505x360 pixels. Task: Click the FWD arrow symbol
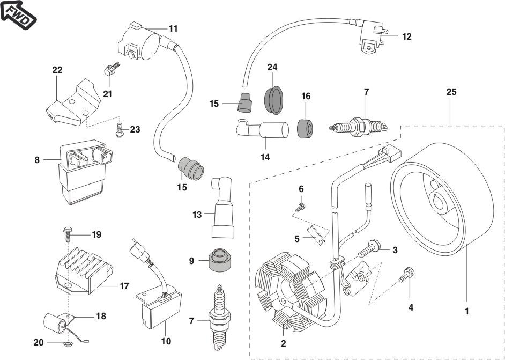tap(18, 14)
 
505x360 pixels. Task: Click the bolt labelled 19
tap(68, 234)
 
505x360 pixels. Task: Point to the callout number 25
tap(451, 92)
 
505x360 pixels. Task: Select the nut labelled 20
tap(65, 342)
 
